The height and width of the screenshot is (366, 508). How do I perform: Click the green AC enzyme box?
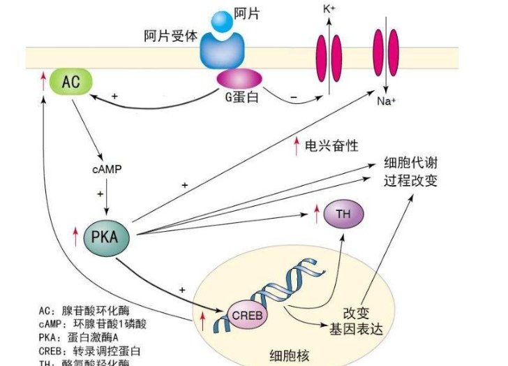point(71,83)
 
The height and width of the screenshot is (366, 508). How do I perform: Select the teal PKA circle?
point(106,238)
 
